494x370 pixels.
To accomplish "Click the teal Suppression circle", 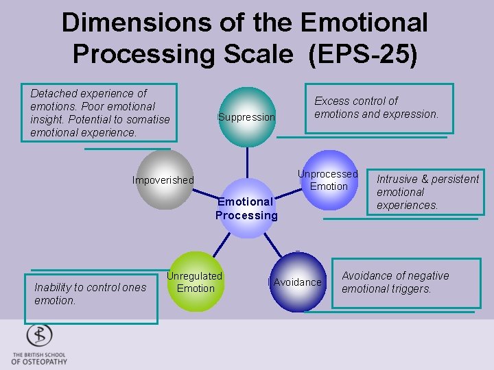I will click(x=246, y=117).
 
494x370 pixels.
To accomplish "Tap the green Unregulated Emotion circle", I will click(x=196, y=282).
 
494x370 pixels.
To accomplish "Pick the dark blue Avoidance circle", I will click(x=297, y=282).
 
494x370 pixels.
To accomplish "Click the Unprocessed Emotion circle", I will click(x=328, y=180).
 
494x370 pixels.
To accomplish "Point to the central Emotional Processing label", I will click(x=246, y=208).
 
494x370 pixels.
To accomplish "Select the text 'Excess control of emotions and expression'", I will click(x=376, y=108).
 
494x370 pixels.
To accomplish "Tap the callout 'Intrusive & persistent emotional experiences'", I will click(x=427, y=192).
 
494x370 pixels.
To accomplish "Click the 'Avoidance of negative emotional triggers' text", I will click(x=395, y=282).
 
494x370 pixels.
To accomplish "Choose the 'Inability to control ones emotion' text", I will click(x=90, y=293).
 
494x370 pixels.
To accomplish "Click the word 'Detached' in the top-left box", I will click(x=54, y=93).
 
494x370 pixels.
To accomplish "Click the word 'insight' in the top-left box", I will click(x=45, y=119).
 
